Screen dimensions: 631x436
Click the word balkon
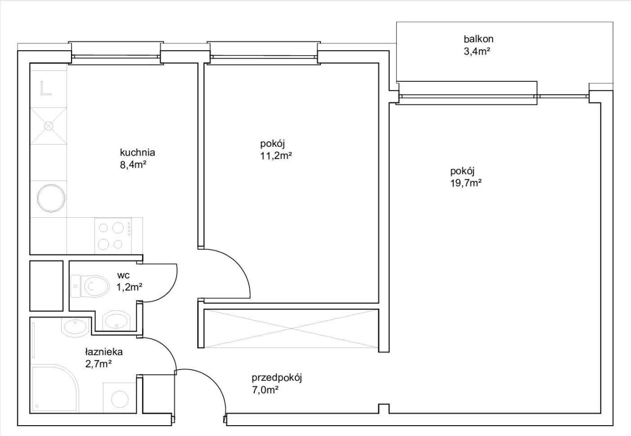tap(478, 39)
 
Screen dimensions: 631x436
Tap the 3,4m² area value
tap(476, 52)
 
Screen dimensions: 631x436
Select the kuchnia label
tap(138, 152)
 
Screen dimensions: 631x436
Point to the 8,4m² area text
tap(133, 165)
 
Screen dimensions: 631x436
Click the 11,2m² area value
tap(276, 156)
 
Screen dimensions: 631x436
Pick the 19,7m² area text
tap(466, 183)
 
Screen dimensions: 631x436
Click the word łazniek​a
tap(104, 352)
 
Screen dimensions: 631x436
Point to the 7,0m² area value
tap(265, 390)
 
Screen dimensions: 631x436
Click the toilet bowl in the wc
tap(90, 286)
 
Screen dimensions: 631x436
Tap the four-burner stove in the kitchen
tap(113, 235)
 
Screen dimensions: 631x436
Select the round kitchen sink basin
tap(51, 198)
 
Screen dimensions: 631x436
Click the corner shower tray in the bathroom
tap(55, 389)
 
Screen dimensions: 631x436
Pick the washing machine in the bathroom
tap(120, 398)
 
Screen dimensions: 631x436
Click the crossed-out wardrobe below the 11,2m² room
tap(290, 329)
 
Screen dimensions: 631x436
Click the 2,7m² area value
tap(98, 364)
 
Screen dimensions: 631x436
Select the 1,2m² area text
tap(129, 287)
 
